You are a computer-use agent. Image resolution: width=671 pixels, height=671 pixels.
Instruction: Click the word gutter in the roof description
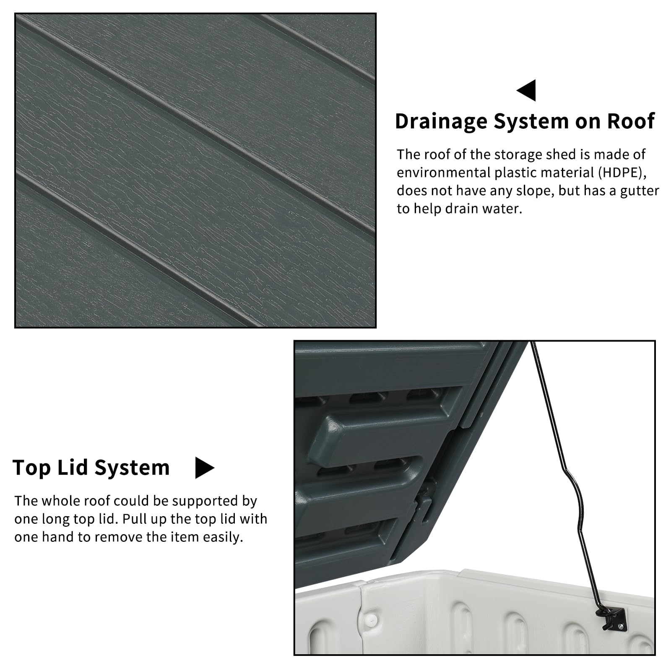pos(640,191)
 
